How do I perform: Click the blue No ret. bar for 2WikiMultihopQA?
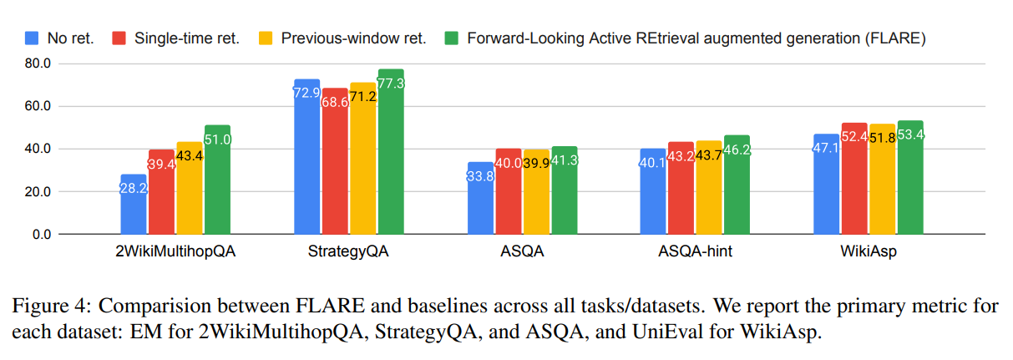click(x=134, y=204)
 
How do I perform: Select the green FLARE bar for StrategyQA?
click(x=391, y=151)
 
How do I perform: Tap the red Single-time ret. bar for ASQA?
click(x=509, y=191)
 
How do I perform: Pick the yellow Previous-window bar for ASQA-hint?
click(x=709, y=187)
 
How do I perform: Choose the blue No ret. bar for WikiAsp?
click(x=826, y=184)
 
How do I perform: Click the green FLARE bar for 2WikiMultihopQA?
click(x=217, y=180)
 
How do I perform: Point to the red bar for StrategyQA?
click(x=335, y=161)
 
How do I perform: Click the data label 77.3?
click(x=391, y=84)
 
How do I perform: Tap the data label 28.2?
click(x=134, y=188)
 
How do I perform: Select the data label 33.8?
click(x=480, y=176)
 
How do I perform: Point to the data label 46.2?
click(x=737, y=150)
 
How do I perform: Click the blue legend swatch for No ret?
click(x=32, y=38)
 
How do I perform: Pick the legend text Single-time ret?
click(x=187, y=38)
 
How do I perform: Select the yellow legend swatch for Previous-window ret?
click(x=266, y=38)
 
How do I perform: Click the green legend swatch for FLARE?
click(x=451, y=38)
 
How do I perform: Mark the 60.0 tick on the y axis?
click(x=38, y=106)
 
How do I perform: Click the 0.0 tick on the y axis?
click(x=42, y=234)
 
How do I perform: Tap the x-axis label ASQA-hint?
click(x=695, y=251)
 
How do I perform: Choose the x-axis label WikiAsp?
click(x=869, y=251)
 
